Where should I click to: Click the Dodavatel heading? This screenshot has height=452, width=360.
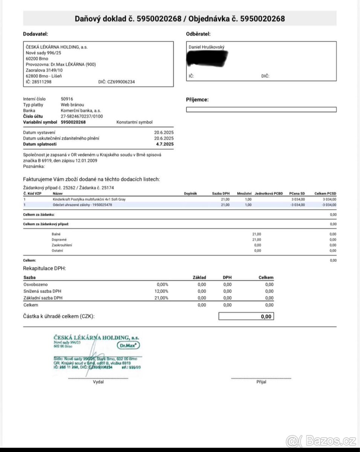point(35,34)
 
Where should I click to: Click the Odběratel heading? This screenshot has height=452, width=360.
point(198,34)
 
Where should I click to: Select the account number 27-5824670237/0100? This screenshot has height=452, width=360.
point(82,116)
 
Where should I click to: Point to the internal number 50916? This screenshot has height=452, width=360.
point(67,99)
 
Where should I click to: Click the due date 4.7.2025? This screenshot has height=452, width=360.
point(165,144)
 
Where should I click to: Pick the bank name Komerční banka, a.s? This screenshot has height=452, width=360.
point(81,111)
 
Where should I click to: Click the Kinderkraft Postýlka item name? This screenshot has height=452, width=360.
point(87,199)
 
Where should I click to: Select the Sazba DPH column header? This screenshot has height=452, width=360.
point(221,193)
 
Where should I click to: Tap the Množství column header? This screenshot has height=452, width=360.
point(244,193)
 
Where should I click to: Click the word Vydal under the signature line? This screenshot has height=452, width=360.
point(98,382)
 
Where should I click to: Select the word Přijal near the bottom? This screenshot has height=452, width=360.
point(261,382)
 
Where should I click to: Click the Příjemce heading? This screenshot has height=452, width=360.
point(197,100)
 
